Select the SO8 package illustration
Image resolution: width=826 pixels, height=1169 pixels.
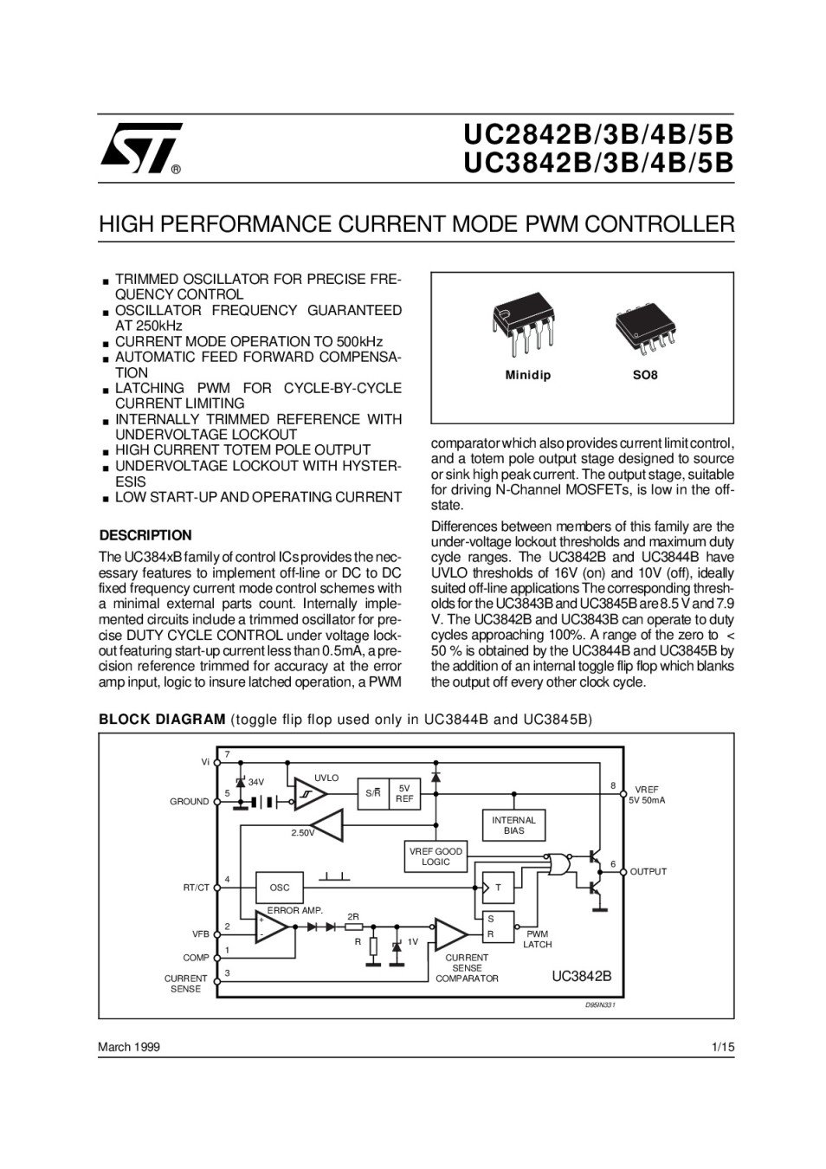pos(645,329)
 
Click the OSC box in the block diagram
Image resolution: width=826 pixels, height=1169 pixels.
pos(280,888)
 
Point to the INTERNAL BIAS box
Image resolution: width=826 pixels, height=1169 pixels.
pos(513,825)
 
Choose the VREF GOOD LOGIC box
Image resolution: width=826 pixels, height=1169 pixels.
pos(436,856)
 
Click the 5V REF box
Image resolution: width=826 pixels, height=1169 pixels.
pos(404,793)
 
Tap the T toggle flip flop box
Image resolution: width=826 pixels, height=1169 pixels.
pos(498,887)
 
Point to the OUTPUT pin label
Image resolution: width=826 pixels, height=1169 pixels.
pos(649,871)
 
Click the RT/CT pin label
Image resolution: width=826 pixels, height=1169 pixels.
pos(196,888)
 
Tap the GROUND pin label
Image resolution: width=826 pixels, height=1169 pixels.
pos(189,802)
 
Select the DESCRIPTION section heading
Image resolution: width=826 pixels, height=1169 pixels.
pos(145,535)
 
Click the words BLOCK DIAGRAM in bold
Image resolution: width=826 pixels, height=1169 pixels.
pos(162,719)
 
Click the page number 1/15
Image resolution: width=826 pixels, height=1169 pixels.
pos(722,1047)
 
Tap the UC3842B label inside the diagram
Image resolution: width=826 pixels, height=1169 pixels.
pos(582,975)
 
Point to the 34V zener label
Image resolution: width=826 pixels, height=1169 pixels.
pos(256,782)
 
